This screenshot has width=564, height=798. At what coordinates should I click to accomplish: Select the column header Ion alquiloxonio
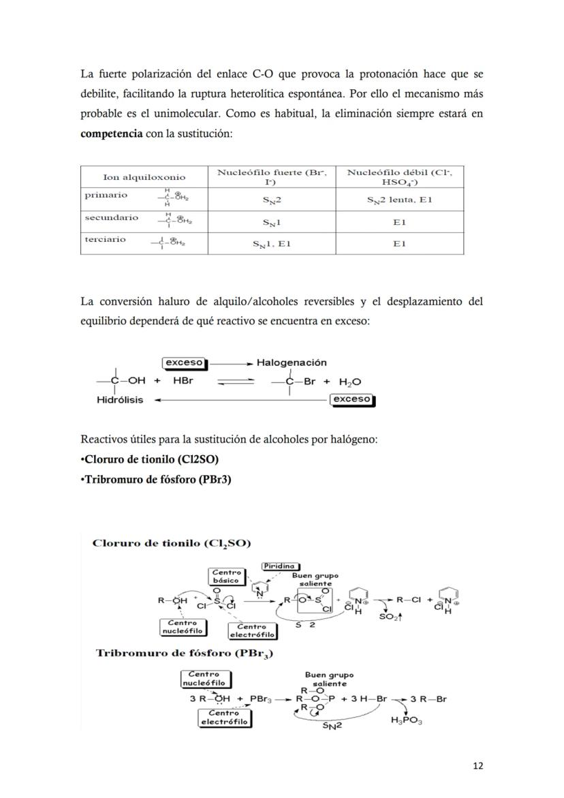pyautogui.click(x=144, y=177)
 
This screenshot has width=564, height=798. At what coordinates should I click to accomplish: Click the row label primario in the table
pyautogui.click(x=106, y=195)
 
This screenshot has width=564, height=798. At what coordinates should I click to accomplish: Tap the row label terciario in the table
pyautogui.click(x=106, y=239)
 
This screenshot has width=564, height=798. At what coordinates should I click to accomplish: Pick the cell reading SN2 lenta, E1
pyautogui.click(x=400, y=200)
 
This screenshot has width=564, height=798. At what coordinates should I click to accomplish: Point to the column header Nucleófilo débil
pyautogui.click(x=400, y=177)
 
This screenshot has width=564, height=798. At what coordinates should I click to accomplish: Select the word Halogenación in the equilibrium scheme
pyautogui.click(x=292, y=363)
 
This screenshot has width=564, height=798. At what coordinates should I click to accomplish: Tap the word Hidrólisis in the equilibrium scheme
pyautogui.click(x=120, y=400)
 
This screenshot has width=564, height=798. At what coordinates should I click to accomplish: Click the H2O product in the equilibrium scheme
pyautogui.click(x=348, y=382)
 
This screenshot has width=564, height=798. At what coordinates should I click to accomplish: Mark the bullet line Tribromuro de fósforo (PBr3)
pyautogui.click(x=157, y=479)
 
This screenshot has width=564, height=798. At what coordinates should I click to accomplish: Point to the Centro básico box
pyautogui.click(x=226, y=577)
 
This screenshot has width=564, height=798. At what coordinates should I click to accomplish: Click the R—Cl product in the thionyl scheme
pyautogui.click(x=410, y=600)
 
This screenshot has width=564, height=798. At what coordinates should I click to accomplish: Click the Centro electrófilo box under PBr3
pyautogui.click(x=223, y=718)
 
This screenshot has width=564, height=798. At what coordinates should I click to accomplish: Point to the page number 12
pyautogui.click(x=477, y=765)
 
